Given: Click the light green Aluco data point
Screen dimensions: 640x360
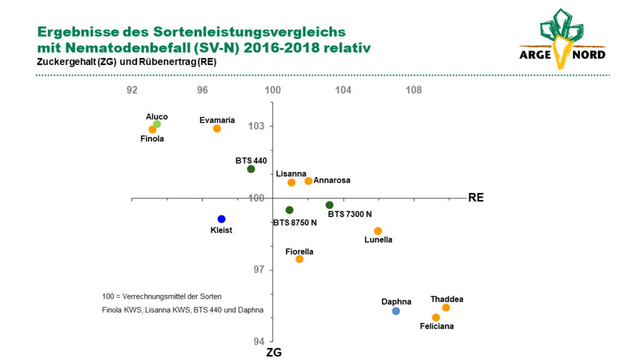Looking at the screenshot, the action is tap(157, 124).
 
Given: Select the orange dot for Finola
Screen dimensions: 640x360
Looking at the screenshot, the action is tap(152, 129).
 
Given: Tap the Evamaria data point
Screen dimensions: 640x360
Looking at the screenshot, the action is tap(217, 129).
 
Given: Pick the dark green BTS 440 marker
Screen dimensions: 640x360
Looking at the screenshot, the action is tap(251, 169).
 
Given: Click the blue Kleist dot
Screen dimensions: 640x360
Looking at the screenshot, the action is tap(221, 219).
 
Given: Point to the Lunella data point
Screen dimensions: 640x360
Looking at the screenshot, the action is tap(378, 231).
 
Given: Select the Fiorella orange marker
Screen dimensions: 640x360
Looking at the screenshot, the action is tap(299, 259).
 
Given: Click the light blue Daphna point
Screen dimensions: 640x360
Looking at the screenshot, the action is tap(396, 311).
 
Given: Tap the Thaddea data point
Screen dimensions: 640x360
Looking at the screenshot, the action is tap(446, 307).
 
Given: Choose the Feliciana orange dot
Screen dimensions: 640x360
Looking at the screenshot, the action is tap(436, 317).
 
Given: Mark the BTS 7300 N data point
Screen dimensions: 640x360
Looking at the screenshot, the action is tap(329, 205).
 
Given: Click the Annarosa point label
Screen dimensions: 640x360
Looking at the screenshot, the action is tap(332, 181).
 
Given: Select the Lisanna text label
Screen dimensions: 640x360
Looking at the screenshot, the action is tap(291, 174).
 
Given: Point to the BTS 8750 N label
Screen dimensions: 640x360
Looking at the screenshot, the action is tap(295, 223).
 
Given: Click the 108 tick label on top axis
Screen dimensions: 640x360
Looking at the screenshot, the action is tap(414, 90).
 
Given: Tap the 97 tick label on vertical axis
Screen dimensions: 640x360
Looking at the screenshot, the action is tap(259, 270).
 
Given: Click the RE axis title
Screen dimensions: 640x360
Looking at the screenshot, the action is tap(476, 197).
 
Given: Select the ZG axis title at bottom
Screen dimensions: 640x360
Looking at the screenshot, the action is tap(274, 352).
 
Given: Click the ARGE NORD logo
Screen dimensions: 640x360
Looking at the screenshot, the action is tap(562, 39).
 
